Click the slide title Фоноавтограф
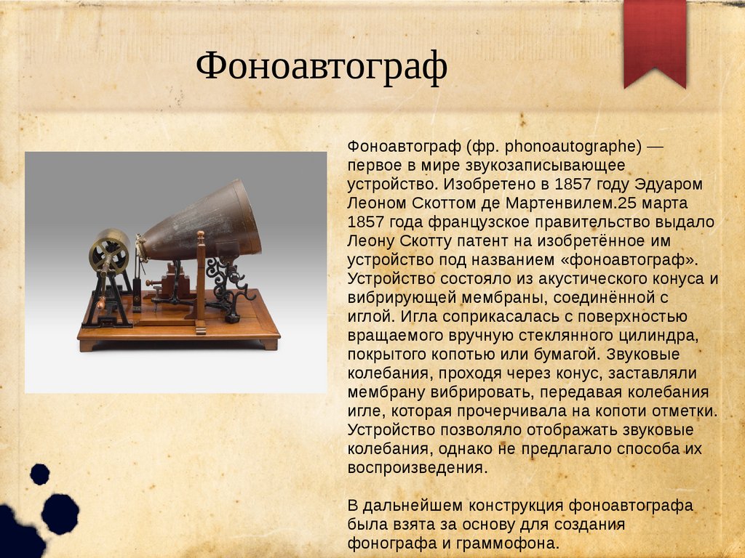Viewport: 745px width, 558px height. point(322,67)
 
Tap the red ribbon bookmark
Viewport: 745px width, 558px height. point(655,41)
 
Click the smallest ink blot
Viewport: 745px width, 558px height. point(40,474)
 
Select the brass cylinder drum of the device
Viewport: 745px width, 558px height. point(109,251)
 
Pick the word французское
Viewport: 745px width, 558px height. point(482,222)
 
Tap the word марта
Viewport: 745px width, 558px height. point(665,203)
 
